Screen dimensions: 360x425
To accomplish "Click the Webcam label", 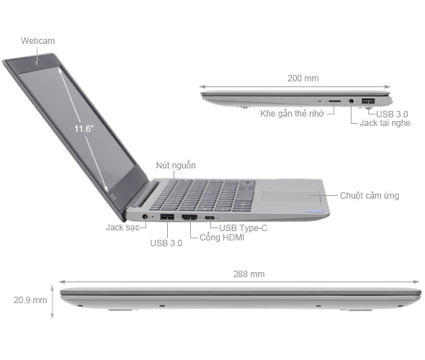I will pyautogui.click(x=37, y=41).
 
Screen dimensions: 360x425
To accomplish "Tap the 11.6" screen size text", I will pyautogui.click(x=84, y=128).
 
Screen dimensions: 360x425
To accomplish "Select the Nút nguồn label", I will pyautogui.click(x=176, y=165).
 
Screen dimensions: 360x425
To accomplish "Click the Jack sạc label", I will pyautogui.click(x=121, y=227).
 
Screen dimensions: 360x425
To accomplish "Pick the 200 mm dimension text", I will pyautogui.click(x=303, y=78).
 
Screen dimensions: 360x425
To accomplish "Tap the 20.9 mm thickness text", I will pyautogui.click(x=30, y=300).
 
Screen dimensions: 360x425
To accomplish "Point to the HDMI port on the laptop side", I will pyautogui.click(x=190, y=217).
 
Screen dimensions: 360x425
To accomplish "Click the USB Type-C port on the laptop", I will pyautogui.click(x=210, y=217).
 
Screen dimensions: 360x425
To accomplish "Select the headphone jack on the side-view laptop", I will pyautogui.click(x=351, y=102).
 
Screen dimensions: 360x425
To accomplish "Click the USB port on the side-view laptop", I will pyautogui.click(x=367, y=100).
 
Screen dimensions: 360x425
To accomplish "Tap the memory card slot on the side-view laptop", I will pyautogui.click(x=335, y=102).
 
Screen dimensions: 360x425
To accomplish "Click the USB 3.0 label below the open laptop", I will pyautogui.click(x=166, y=243).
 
